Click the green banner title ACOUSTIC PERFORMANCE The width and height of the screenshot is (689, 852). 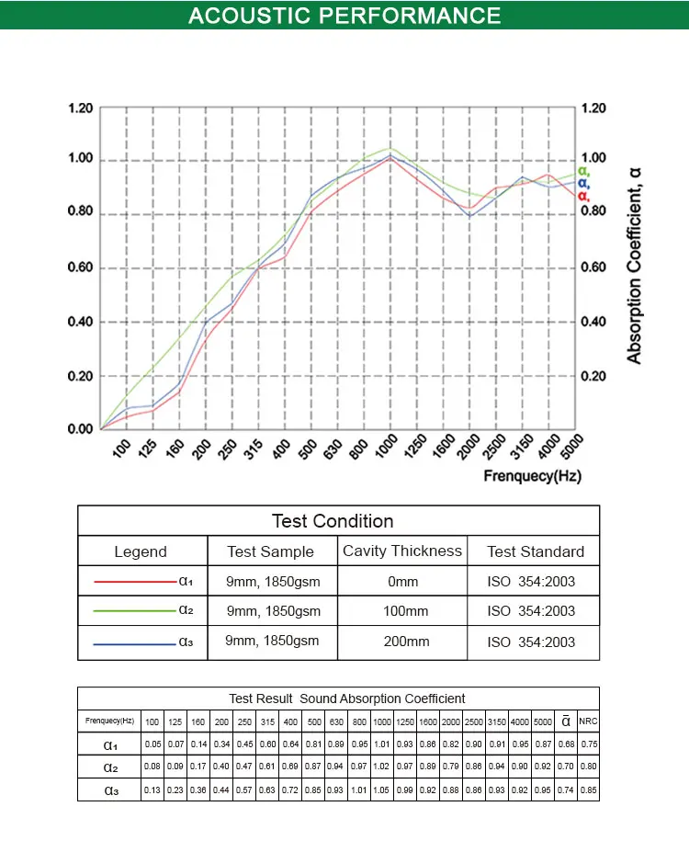(344, 16)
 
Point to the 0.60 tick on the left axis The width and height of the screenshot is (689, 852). (81, 268)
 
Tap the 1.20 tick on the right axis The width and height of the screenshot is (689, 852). (594, 108)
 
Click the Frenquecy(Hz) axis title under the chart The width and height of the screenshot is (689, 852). (533, 476)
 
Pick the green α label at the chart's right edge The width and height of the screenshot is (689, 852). (583, 171)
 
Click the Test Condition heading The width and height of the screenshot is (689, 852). (333, 521)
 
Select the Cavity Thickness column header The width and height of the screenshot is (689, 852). (401, 551)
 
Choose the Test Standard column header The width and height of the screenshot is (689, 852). (535, 551)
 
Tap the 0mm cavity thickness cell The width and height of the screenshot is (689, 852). (401, 582)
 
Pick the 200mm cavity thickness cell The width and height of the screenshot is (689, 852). (401, 642)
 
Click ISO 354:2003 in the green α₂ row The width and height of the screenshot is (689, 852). (531, 611)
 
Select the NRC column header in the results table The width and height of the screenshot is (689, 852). (588, 721)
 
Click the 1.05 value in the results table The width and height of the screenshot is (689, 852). (382, 790)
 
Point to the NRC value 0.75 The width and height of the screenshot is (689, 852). (588, 744)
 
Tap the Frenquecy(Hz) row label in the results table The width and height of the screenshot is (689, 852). (109, 721)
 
